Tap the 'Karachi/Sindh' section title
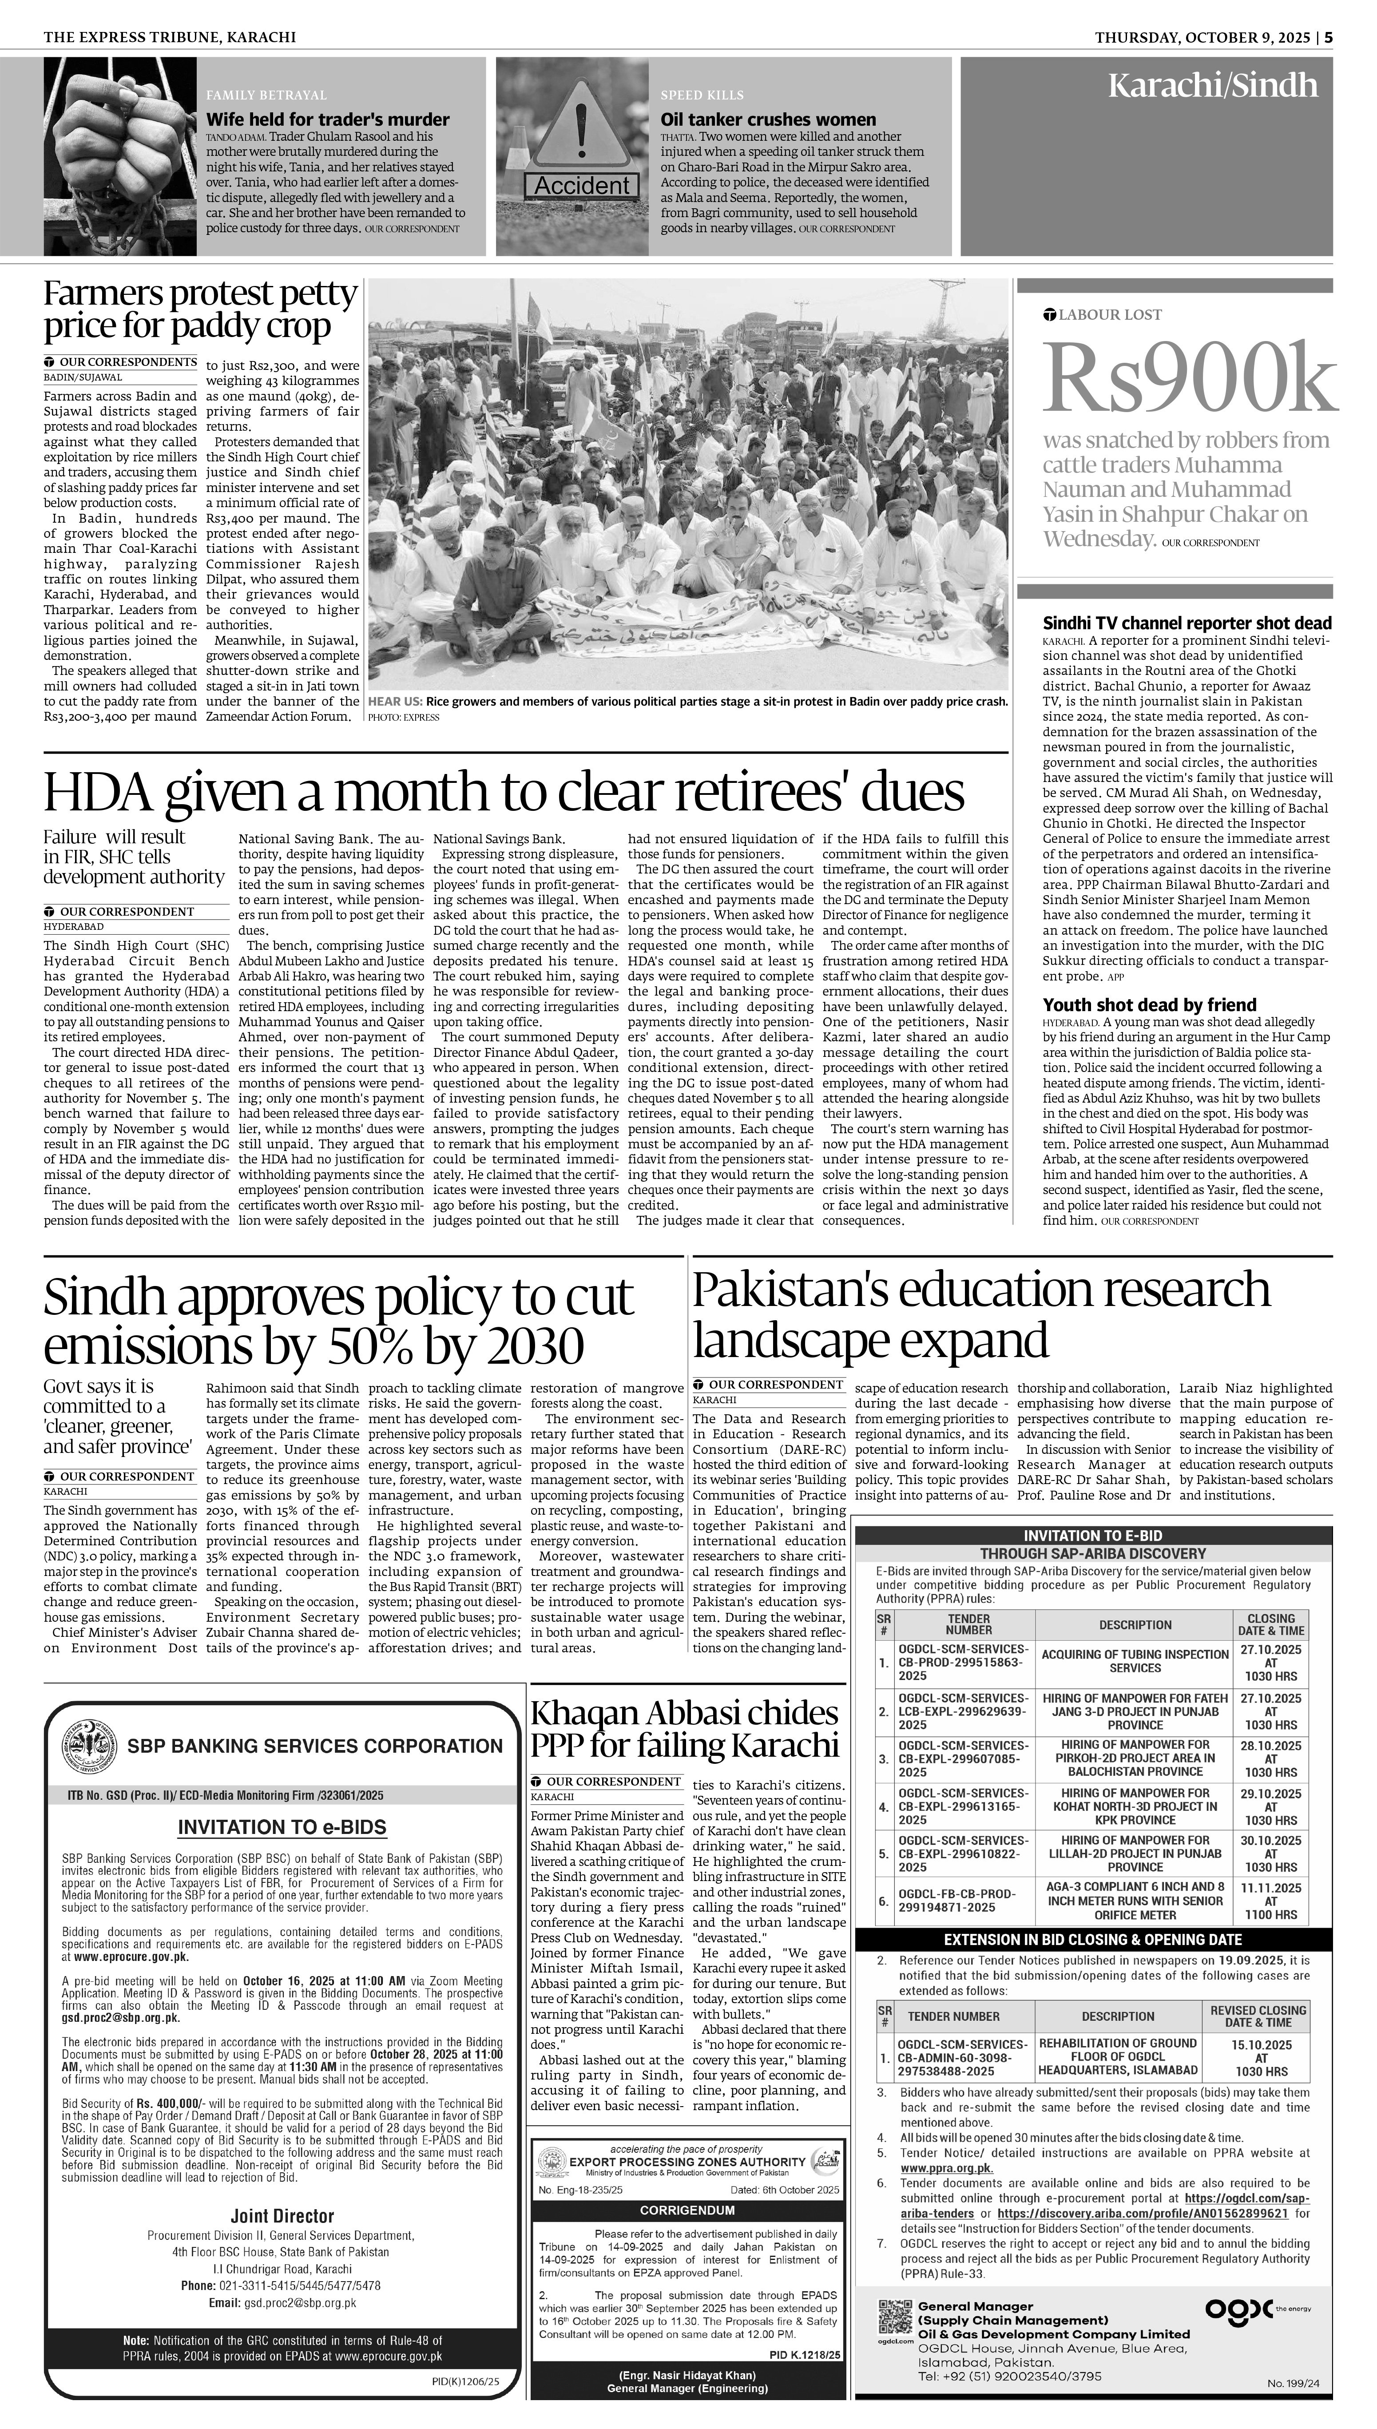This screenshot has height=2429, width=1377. [1212, 86]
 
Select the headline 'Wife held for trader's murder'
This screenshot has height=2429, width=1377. [328, 120]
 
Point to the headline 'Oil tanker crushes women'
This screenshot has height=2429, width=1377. [768, 120]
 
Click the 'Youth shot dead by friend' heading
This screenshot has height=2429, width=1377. [1149, 1004]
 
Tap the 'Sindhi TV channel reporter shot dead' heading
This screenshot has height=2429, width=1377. [1187, 623]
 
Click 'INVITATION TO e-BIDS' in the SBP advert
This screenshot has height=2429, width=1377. [282, 1828]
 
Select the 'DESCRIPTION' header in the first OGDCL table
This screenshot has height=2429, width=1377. [1135, 1624]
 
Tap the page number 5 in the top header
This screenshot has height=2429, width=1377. [1329, 37]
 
